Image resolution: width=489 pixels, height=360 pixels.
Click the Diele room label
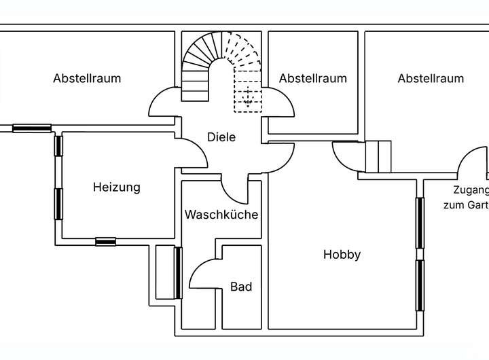point(221,137)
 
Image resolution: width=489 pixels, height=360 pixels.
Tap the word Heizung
point(117,187)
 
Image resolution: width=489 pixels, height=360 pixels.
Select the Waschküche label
point(221,215)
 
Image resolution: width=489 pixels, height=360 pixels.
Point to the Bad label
point(241,287)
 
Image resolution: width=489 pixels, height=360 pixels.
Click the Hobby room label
point(342,255)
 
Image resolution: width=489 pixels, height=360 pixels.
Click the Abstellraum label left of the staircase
point(87,78)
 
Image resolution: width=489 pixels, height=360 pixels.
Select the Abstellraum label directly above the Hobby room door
point(312,78)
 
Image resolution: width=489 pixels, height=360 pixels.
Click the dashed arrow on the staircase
point(249,95)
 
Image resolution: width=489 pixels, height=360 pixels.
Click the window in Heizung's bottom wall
point(105,241)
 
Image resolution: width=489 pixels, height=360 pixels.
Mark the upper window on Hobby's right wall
point(420,222)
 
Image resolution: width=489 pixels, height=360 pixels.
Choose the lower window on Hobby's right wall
point(420,285)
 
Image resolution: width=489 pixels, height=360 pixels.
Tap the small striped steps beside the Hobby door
point(378,157)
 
